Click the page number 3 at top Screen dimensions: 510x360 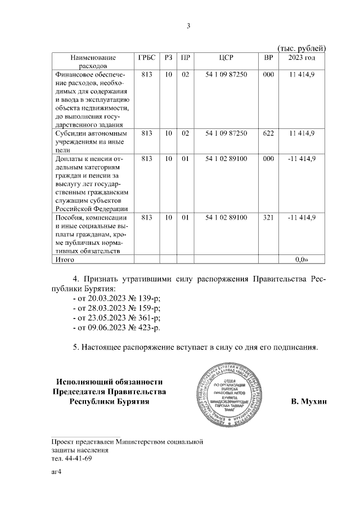[189, 26]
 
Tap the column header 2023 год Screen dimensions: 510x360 [301, 57]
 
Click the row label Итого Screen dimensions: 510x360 [63, 260]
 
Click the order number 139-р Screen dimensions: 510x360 [148, 298]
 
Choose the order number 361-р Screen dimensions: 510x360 [148, 317]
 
